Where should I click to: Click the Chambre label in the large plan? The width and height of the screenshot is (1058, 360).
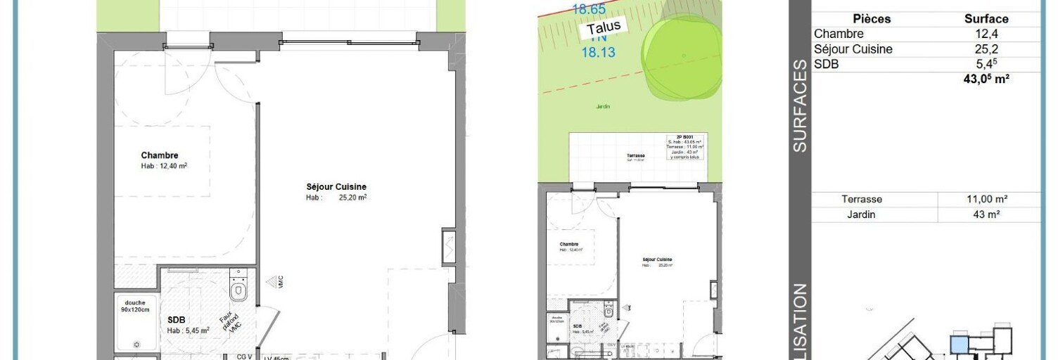click(160, 155)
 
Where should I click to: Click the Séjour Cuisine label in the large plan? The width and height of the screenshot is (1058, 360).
click(336, 186)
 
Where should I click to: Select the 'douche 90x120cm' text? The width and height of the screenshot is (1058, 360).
click(135, 307)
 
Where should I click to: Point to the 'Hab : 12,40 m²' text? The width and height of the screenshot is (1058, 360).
click(164, 167)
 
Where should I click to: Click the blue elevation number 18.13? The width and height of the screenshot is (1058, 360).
click(595, 51)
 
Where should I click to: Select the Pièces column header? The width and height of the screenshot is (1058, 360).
click(872, 19)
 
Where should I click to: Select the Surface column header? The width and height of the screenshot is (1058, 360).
click(986, 19)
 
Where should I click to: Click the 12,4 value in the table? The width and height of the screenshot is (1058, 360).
click(986, 34)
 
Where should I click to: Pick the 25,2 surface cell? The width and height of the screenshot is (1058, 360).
click(986, 49)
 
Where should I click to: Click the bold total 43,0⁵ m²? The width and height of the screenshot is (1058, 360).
click(986, 79)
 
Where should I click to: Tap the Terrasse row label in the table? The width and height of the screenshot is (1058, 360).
click(862, 200)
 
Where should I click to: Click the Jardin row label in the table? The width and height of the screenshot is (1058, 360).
click(862, 214)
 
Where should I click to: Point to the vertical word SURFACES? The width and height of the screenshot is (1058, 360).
click(799, 105)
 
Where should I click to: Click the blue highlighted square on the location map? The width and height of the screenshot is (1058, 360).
click(959, 344)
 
